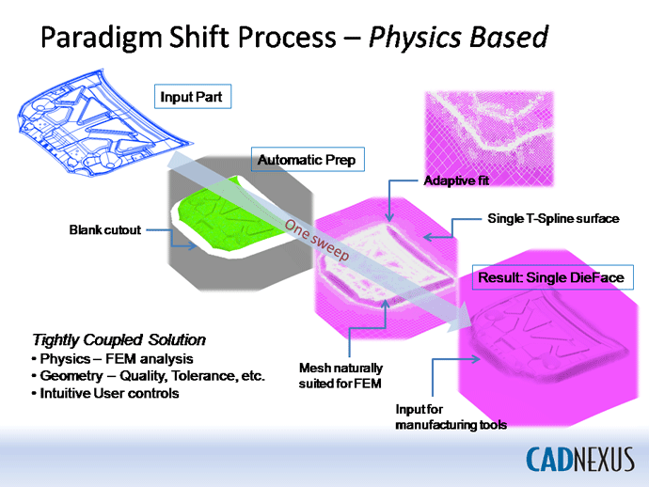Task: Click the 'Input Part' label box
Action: tap(193, 97)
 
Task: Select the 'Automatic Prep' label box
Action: tap(308, 159)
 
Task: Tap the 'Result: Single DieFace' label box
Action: tap(552, 277)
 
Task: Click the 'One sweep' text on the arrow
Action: tap(317, 239)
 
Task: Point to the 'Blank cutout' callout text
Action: tap(105, 229)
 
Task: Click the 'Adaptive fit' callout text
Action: tap(456, 181)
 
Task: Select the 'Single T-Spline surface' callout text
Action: tap(553, 218)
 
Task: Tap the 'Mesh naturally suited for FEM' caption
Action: tap(340, 376)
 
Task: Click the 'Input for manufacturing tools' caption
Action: tap(451, 416)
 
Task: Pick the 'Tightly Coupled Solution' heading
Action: tap(119, 339)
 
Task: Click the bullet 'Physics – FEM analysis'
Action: tap(113, 359)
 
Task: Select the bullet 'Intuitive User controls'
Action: tap(105, 393)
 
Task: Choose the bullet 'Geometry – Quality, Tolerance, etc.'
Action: tap(149, 376)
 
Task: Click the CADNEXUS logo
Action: tap(580, 459)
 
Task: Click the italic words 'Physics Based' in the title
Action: tap(459, 38)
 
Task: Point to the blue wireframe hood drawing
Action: tap(103, 122)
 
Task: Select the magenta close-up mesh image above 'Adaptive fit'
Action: tap(489, 138)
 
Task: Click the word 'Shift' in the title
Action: tap(199, 37)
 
